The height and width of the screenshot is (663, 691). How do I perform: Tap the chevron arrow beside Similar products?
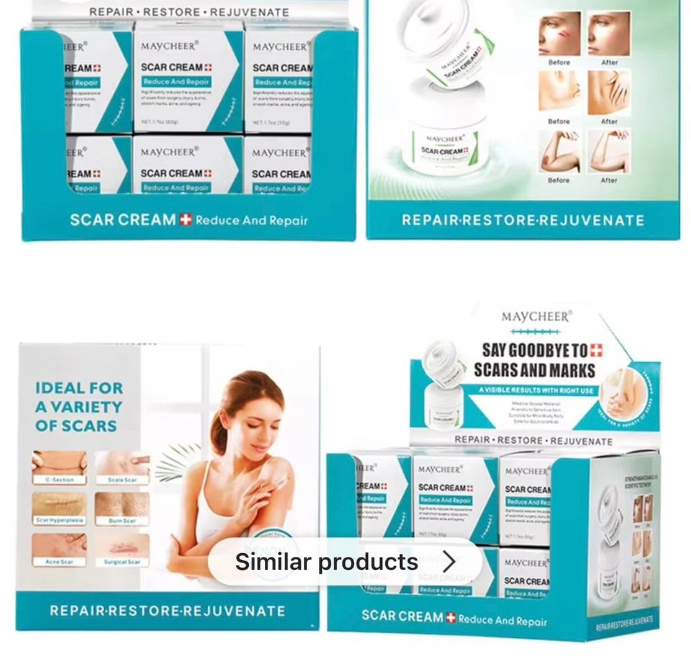[x=449, y=562]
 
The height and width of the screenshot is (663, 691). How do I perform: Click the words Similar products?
[x=326, y=562]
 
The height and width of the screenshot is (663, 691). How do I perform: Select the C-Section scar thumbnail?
[x=60, y=463]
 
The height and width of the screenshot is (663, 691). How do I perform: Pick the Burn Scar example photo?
[x=122, y=505]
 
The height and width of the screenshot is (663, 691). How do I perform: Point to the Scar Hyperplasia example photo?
[x=60, y=505]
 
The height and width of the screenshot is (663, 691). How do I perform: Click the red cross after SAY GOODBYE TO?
[x=596, y=350]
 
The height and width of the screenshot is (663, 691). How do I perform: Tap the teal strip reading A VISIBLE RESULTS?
[x=535, y=390]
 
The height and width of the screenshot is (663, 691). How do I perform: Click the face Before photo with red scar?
[x=559, y=34]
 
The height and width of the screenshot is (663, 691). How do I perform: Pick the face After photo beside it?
[x=609, y=34]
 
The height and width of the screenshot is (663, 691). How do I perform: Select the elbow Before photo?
[x=558, y=152]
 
